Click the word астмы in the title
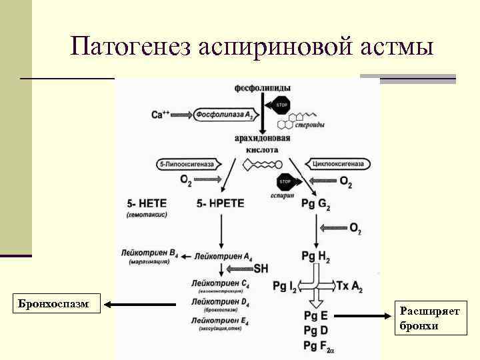click(396, 47)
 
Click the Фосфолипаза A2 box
click(224, 115)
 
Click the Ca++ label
click(160, 115)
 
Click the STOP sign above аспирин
click(285, 181)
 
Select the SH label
click(261, 269)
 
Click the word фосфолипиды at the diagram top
click(262, 88)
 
